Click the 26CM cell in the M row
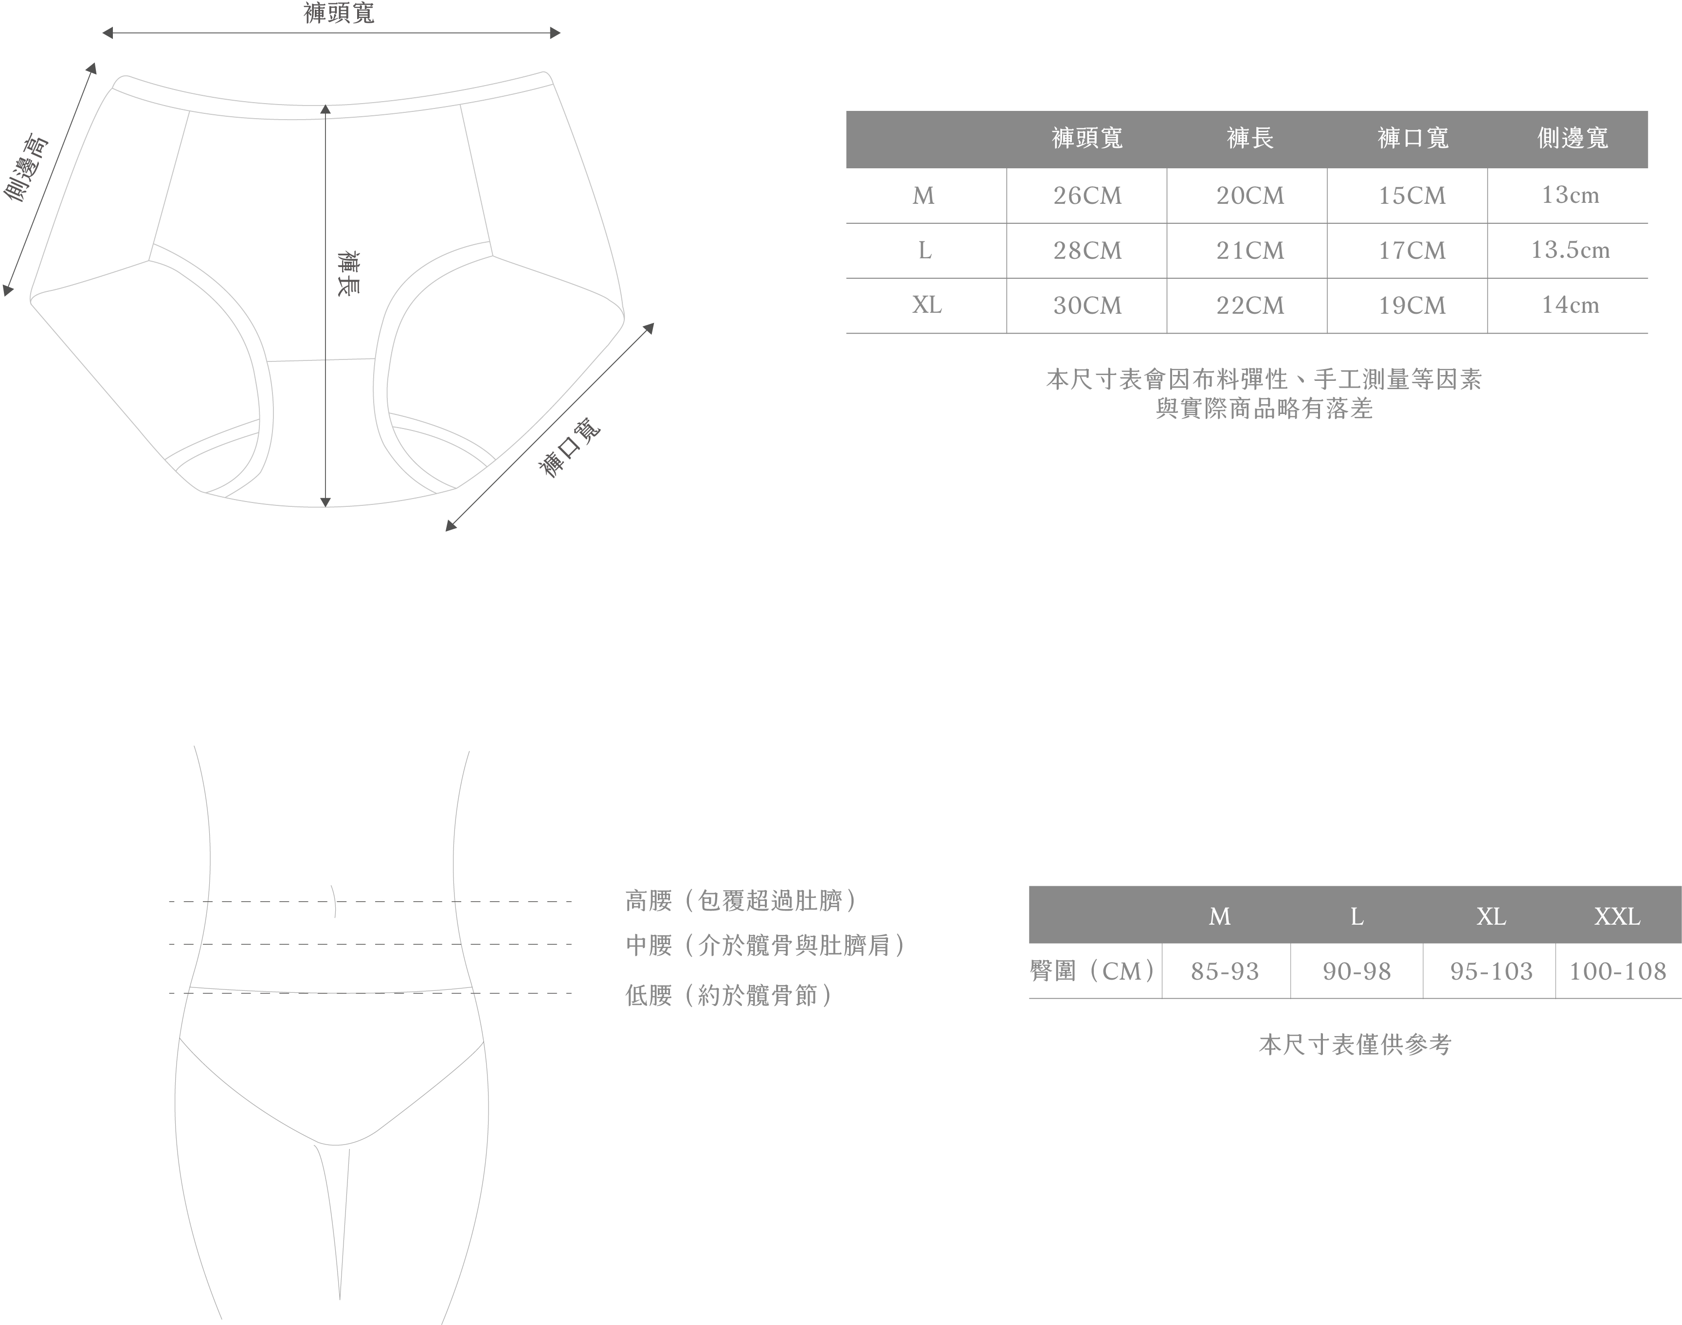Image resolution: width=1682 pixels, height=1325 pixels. coord(1087,196)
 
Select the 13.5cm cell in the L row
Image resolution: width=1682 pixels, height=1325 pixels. coord(1570,250)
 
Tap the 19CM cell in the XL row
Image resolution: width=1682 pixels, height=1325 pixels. coord(1411,305)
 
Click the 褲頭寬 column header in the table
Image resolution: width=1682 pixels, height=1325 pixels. coord(1087,138)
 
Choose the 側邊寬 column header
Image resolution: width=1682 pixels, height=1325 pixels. coord(1573,138)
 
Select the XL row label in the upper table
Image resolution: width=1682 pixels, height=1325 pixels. coord(926,305)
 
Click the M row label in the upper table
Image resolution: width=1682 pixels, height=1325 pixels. coord(923,196)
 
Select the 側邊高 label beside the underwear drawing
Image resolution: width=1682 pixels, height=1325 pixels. coord(26,168)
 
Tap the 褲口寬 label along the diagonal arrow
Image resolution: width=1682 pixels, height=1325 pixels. coord(569,448)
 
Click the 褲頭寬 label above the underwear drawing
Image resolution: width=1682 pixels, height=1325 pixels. coord(339,13)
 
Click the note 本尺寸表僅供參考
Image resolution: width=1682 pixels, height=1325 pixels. coord(1355,1045)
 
